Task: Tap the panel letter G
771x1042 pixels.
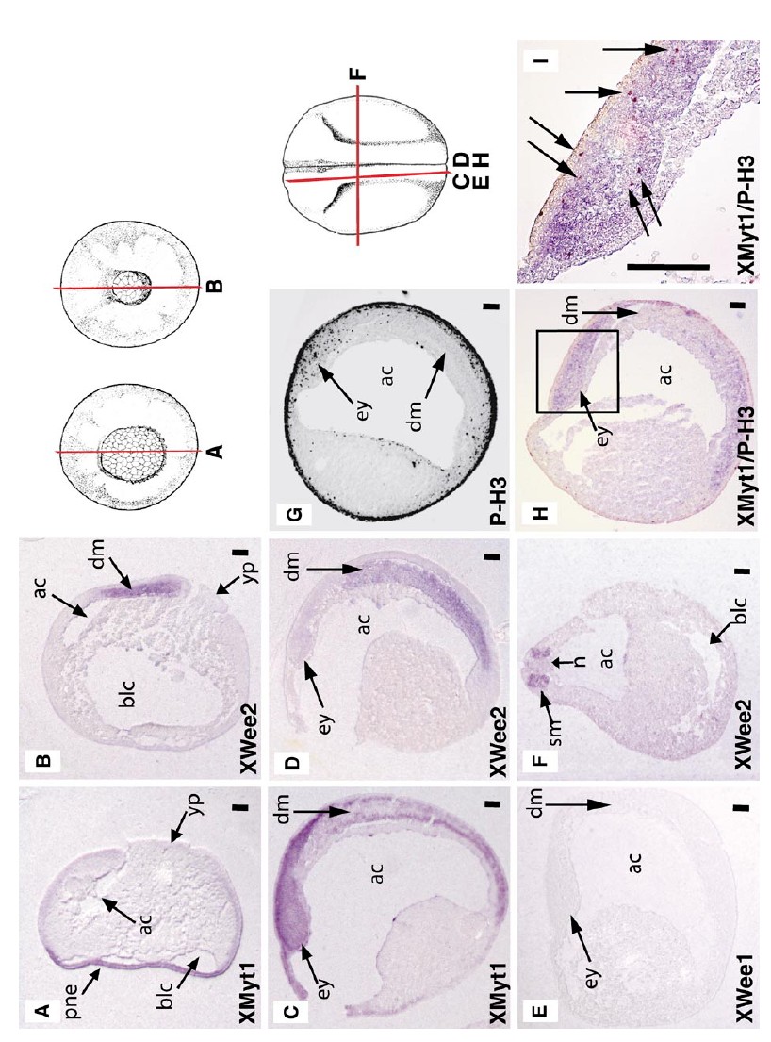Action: point(293,514)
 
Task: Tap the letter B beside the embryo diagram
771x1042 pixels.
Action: point(215,288)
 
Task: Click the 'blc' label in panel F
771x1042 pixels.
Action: point(742,611)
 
